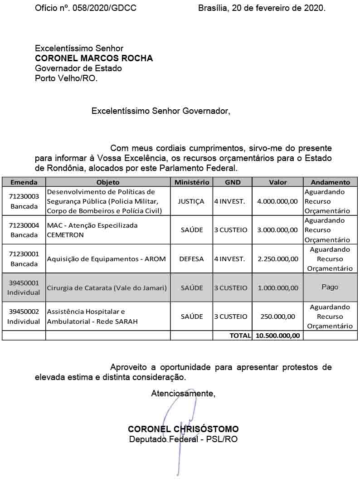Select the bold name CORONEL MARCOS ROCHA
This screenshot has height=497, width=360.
pyautogui.click(x=94, y=58)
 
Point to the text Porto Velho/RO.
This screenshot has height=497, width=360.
pyautogui.click(x=66, y=78)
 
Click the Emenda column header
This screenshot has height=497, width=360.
pyautogui.click(x=24, y=182)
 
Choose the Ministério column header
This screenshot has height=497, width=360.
pyautogui.click(x=191, y=182)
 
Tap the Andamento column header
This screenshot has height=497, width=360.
pyautogui.click(x=330, y=182)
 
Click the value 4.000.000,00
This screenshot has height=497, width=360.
pyautogui.click(x=277, y=201)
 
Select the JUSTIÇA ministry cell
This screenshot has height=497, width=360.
pyautogui.click(x=191, y=201)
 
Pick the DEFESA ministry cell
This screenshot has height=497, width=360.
pyautogui.click(x=191, y=259)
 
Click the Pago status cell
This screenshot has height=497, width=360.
pyautogui.click(x=330, y=287)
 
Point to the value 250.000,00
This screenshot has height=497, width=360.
pyautogui.click(x=277, y=317)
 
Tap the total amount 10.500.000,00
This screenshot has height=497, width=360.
pyautogui.click(x=277, y=336)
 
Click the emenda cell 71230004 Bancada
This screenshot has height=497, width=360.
pyautogui.click(x=24, y=230)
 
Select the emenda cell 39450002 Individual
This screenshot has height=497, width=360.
pyautogui.click(x=24, y=317)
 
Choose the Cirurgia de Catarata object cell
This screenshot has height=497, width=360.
pyautogui.click(x=107, y=287)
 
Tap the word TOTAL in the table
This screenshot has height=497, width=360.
pyautogui.click(x=240, y=336)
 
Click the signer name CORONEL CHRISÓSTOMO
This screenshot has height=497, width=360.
pyautogui.click(x=183, y=429)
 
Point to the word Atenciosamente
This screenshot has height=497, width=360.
pyautogui.click(x=183, y=393)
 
